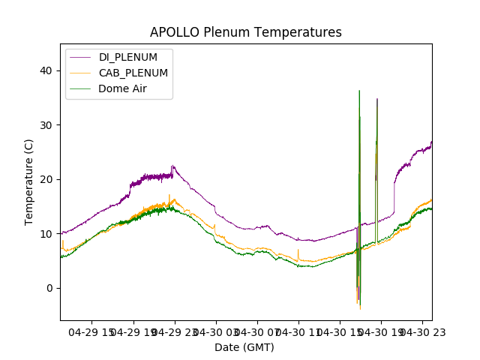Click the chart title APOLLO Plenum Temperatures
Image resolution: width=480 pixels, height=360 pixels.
[x=245, y=32]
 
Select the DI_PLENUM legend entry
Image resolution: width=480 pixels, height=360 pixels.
[x=128, y=57]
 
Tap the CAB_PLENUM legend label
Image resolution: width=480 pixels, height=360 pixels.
[x=133, y=73]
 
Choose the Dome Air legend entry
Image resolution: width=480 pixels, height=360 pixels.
[x=122, y=88]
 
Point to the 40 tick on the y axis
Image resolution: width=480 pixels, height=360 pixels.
[x=46, y=70]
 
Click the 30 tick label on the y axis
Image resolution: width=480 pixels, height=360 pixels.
[x=46, y=125]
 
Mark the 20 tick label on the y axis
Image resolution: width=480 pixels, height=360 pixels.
[x=46, y=179]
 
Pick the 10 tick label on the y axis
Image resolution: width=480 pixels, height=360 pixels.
[x=46, y=234]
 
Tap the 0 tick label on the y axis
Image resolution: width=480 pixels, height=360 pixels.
[x=49, y=288]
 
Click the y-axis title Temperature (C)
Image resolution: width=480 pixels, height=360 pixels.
[x=29, y=181]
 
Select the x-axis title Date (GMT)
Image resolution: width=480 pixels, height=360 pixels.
[x=244, y=347]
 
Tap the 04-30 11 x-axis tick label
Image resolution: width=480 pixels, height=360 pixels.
[x=298, y=332]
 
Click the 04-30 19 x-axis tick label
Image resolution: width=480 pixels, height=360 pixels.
[x=381, y=332]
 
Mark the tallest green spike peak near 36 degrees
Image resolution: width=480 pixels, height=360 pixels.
[x=359, y=91]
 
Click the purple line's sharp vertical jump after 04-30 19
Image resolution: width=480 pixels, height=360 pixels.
[x=394, y=199]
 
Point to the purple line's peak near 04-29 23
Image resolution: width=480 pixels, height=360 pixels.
[x=172, y=166]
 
